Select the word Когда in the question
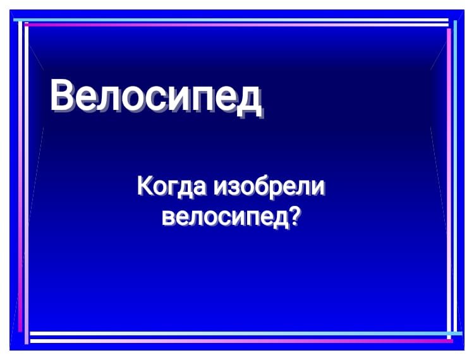click(x=173, y=187)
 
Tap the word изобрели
click(x=269, y=187)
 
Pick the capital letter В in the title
click(x=62, y=95)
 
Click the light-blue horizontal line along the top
click(x=231, y=20)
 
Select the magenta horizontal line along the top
click(x=236, y=25)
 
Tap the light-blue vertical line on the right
click(x=455, y=177)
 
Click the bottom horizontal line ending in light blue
click(x=246, y=333)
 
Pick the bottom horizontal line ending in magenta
click(x=242, y=340)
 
